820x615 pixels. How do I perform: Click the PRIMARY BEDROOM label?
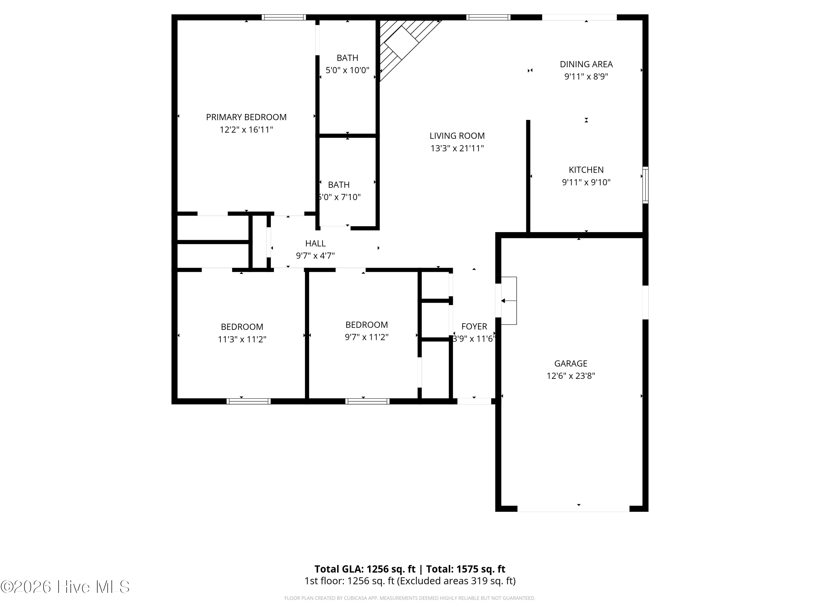point(246,117)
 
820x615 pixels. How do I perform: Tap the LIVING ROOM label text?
point(457,136)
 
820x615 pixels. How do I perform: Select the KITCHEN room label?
point(586,170)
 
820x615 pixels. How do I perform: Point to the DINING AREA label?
point(586,64)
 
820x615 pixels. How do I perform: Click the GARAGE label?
point(571,363)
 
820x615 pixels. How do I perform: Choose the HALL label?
point(315,243)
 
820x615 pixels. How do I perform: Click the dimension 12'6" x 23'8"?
point(571,376)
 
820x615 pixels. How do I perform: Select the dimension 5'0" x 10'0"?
point(347,70)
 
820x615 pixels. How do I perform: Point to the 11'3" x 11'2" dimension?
point(242,339)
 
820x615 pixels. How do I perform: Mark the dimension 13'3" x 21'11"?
point(457,148)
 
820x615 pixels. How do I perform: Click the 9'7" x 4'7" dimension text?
point(315,256)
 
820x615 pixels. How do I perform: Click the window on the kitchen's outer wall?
point(645,185)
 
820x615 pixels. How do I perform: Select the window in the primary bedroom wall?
point(284,17)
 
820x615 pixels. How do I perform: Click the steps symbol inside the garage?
point(509,301)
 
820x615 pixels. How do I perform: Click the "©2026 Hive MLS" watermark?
point(65,587)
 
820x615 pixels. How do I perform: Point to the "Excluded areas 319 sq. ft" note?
point(456,581)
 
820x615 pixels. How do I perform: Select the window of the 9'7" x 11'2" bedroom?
point(367,401)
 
